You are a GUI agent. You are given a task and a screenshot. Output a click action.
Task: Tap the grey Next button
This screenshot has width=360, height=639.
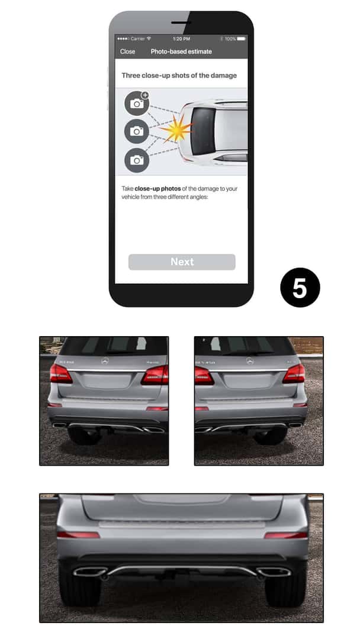click(x=182, y=262)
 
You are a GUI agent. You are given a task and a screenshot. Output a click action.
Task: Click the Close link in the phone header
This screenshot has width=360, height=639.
click(x=127, y=51)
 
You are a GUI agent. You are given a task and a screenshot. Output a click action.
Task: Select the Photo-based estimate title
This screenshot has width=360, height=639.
click(x=181, y=51)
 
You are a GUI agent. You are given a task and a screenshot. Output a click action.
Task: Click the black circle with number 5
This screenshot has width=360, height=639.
click(x=300, y=288)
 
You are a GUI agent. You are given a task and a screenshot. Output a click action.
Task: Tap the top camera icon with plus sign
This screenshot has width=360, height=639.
click(x=137, y=104)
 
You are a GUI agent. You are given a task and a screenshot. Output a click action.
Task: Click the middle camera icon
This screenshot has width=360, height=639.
click(x=137, y=131)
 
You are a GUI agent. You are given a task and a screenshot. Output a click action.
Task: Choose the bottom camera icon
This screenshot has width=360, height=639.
click(x=137, y=160)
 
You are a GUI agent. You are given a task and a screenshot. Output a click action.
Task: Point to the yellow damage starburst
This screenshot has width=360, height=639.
click(x=176, y=130)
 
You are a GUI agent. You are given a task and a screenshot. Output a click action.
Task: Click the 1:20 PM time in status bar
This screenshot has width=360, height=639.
click(x=181, y=38)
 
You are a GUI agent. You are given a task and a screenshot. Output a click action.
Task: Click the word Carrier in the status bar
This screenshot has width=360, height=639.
click(x=138, y=38)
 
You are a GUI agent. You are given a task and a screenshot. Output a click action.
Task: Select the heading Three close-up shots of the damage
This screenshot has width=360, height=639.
click(x=179, y=76)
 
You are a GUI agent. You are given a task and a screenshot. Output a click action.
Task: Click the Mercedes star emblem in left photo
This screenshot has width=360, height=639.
click(x=105, y=360)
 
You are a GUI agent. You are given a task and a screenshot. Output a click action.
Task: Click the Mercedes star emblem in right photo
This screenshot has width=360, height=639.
click(x=249, y=360)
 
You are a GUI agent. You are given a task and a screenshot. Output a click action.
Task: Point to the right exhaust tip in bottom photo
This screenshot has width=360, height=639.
click(x=274, y=572)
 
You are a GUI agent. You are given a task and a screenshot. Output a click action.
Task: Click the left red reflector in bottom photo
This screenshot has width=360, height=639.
click(x=79, y=535)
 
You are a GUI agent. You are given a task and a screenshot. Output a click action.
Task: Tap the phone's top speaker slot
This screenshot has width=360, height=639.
click(x=181, y=22)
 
